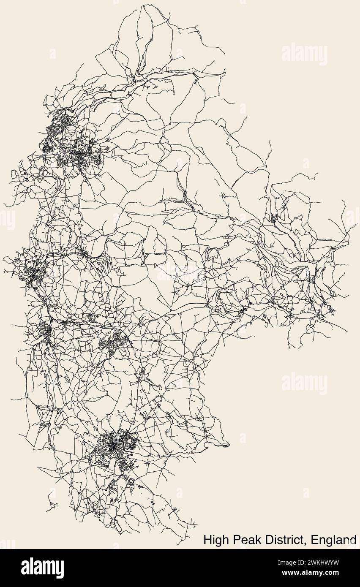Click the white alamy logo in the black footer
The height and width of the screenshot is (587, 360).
pyautogui.click(x=42, y=568)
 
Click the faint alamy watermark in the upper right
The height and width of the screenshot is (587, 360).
pyautogui.click(x=304, y=54)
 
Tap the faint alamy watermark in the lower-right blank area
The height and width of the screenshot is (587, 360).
pyautogui.click(x=304, y=383)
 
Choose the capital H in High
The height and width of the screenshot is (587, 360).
pyautogui.click(x=207, y=540)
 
